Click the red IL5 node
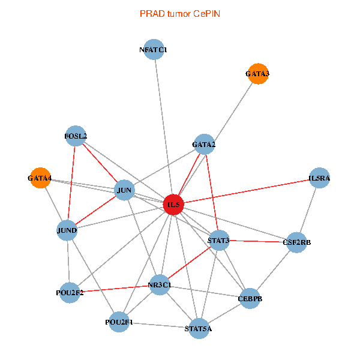(173, 205)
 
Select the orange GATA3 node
(257, 74)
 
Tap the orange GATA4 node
(40, 178)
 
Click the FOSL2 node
(75, 136)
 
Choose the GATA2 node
(204, 144)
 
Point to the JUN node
(124, 191)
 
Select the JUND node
(67, 230)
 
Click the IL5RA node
(319, 178)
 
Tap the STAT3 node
(218, 241)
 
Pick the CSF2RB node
(296, 242)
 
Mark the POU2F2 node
(70, 293)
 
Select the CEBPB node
(250, 298)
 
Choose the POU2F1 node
(119, 322)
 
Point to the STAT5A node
(199, 328)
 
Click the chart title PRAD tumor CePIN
(180, 13)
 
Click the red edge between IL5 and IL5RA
(246, 191)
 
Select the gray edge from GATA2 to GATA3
(231, 109)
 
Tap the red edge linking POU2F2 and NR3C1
(114, 289)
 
